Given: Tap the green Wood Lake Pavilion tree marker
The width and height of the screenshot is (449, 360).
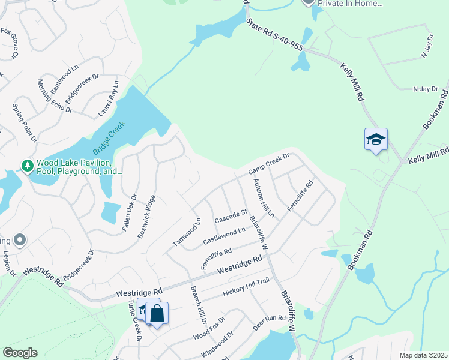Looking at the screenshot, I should (x=26, y=165).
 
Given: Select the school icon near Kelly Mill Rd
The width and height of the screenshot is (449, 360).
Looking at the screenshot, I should (x=376, y=140).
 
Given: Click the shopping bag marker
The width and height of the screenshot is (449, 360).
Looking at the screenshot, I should (x=157, y=313).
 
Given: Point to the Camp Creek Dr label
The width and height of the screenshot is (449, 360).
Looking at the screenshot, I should (x=270, y=164).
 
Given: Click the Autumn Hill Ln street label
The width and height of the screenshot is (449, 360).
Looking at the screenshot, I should (x=263, y=198).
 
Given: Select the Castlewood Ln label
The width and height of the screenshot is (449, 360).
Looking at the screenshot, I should (x=224, y=234).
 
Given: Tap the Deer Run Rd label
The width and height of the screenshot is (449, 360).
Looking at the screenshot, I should (x=268, y=321).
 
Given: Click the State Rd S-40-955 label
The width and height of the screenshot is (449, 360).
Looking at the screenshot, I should (x=275, y=37).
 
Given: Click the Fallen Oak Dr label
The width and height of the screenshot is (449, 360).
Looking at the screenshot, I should (x=134, y=208).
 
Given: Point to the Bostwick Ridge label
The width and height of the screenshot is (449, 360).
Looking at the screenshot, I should (x=146, y=217).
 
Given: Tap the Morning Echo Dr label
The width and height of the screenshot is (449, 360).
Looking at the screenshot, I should (x=55, y=96).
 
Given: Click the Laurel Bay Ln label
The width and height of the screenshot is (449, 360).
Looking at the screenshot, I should (x=108, y=99).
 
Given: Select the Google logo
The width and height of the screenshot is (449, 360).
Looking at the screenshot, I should (x=20, y=353).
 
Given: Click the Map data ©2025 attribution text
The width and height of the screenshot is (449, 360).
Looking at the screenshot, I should (x=423, y=355).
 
